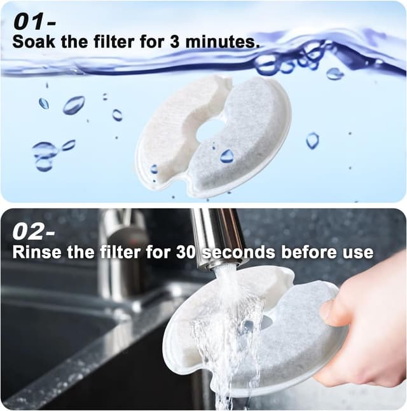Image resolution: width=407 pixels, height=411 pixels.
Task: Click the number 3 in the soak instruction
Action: tap(174, 42)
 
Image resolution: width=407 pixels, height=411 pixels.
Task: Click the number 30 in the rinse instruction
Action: tap(185, 252)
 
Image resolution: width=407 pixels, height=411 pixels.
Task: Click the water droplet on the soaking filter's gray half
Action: tap(227, 156)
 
